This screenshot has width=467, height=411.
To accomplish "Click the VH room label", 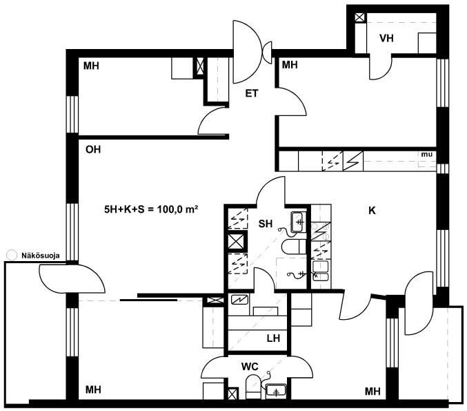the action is [386, 38].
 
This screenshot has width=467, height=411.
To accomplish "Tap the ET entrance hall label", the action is [252, 93].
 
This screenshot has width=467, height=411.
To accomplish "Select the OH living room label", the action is [93, 149].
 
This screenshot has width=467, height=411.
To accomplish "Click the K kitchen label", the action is [372, 211].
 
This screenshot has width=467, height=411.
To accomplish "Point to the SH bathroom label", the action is [266, 223].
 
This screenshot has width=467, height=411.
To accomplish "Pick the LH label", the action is [273, 338].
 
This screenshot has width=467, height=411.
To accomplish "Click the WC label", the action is [250, 367].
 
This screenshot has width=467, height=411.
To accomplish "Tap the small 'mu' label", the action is [427, 155].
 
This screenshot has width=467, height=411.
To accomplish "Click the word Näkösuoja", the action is [41, 256].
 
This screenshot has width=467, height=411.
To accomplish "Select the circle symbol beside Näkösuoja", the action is [12, 256].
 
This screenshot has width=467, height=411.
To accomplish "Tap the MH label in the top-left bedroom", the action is [91, 66].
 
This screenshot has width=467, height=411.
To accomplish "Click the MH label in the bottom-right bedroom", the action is [372, 391].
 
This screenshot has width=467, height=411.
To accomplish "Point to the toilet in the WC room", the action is [253, 387].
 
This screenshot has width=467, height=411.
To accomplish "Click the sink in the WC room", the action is [276, 390].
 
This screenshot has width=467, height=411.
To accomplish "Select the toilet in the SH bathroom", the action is [294, 247].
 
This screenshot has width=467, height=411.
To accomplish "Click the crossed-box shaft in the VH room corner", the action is [359, 17].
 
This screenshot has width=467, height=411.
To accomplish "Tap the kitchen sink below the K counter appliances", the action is [321, 271].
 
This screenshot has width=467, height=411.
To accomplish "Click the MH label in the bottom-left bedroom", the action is [93, 390].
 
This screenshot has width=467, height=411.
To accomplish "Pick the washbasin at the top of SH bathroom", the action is [299, 222].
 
